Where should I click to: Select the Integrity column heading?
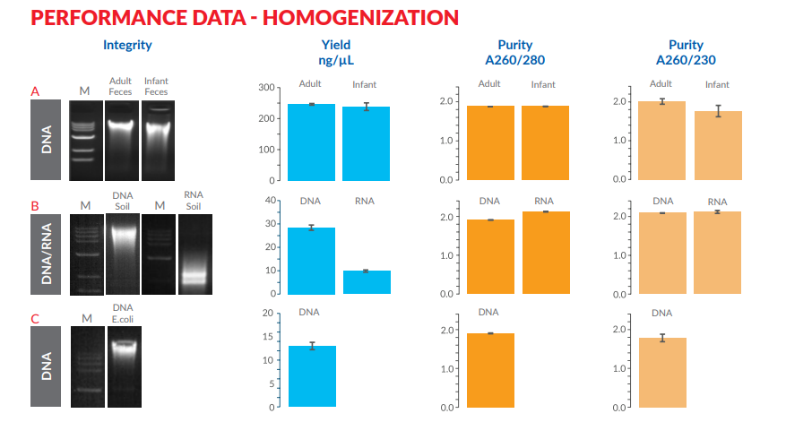126,45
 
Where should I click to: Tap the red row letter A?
35,91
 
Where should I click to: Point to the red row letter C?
35,319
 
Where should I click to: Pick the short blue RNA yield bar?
367,281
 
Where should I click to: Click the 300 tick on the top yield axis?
264,88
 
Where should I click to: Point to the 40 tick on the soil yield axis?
269,200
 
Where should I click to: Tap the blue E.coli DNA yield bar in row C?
312,376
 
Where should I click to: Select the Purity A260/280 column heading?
514,52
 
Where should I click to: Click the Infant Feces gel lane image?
157,139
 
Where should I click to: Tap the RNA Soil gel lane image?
194,254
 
